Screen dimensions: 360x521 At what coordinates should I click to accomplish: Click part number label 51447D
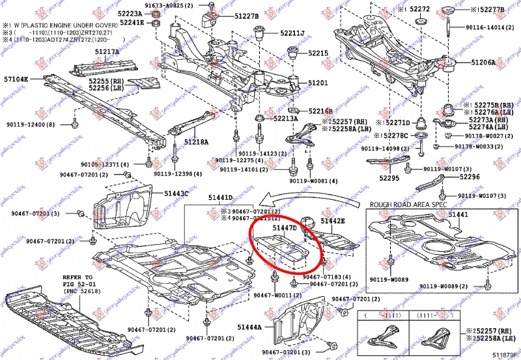[x=285, y=228]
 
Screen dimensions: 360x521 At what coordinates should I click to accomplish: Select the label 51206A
[x=483, y=63]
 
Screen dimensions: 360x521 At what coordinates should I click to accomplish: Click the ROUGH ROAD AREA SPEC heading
[x=408, y=204]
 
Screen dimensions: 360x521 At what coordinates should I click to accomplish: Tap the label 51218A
[x=195, y=141]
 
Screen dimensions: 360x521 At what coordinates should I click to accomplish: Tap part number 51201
[x=318, y=83]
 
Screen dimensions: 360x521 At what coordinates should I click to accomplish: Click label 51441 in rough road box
[x=458, y=214]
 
